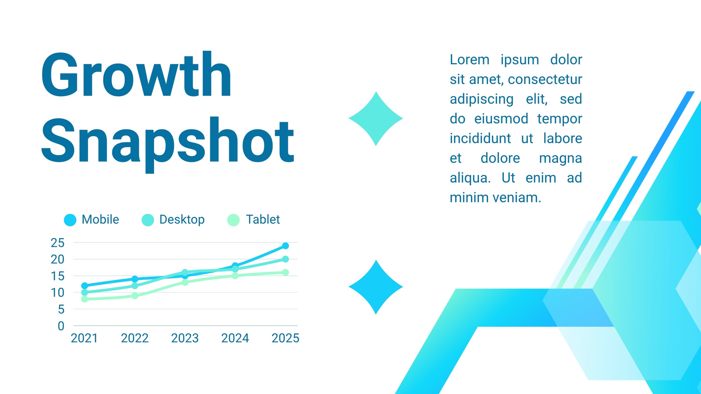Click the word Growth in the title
click(136, 74)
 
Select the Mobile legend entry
click(92, 219)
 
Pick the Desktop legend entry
click(173, 219)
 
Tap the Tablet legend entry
click(254, 219)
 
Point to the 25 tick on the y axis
click(57, 243)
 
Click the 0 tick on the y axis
click(61, 326)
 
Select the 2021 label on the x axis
click(85, 338)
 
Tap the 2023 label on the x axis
click(185, 338)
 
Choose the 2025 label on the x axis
click(285, 338)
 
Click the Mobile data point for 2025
click(285, 246)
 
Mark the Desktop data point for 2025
click(285, 259)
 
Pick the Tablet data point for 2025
click(285, 272)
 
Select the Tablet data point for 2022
click(135, 296)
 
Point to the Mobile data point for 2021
click(85, 286)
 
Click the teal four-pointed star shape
click(376, 119)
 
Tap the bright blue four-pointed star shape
click(376, 287)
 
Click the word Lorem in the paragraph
click(469, 60)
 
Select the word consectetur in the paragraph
click(545, 79)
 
